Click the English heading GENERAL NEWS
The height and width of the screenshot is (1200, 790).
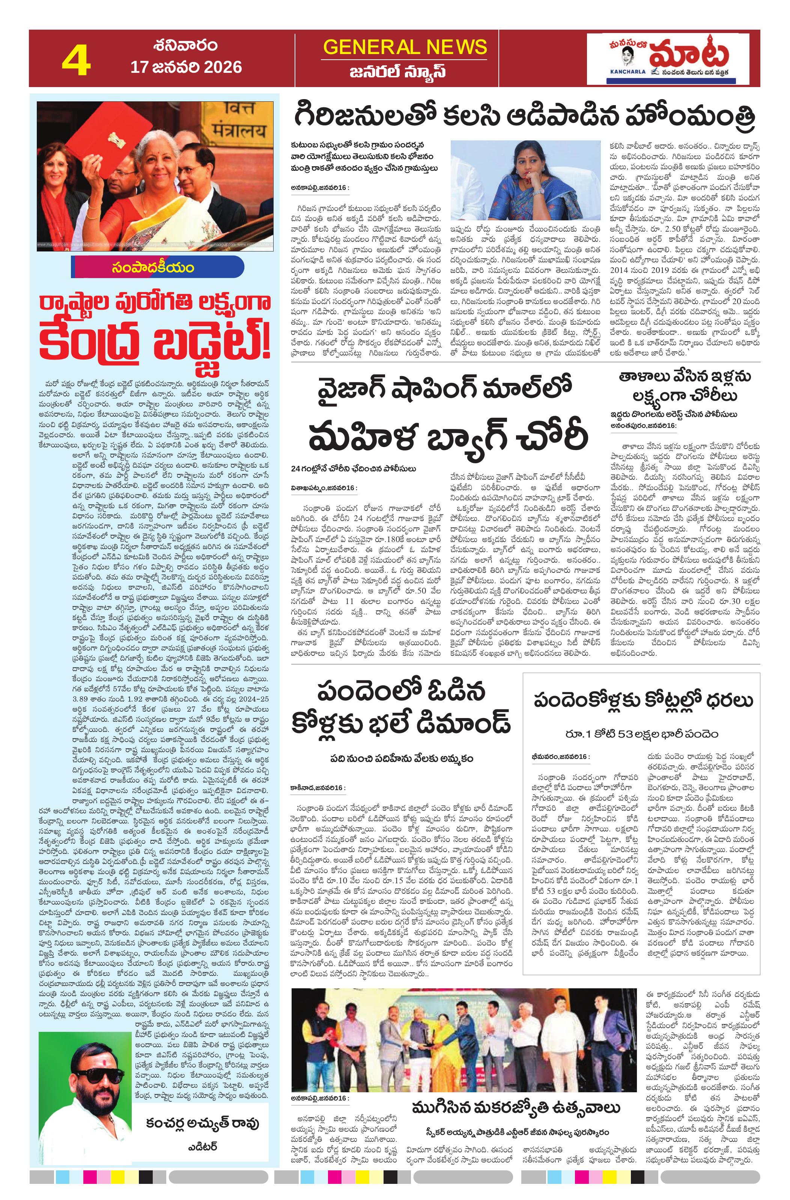point(405,47)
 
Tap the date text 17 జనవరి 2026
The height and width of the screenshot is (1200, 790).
point(186,67)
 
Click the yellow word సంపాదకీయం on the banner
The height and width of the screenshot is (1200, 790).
point(152,268)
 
